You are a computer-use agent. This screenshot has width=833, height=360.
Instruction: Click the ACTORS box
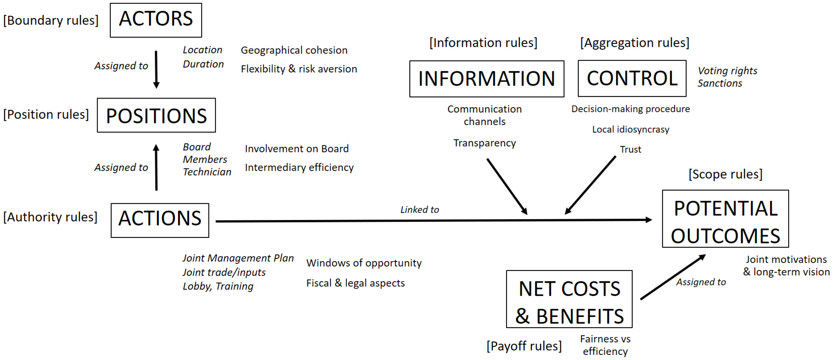coord(156,20)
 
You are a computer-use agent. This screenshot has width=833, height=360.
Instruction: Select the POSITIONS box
coord(156,115)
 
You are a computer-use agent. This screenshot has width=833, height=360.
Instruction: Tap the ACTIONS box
coord(160,220)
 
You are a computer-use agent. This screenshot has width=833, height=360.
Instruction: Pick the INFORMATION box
coord(487,78)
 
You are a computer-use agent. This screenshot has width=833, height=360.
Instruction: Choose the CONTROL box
coord(632,78)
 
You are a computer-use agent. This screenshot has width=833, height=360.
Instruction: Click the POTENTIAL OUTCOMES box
coord(725,219)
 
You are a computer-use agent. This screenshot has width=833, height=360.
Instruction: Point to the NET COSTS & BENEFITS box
coord(569,299)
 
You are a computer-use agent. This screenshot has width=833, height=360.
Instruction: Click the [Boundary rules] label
coord(51,20)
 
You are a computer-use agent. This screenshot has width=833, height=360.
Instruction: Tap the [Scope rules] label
coord(725,174)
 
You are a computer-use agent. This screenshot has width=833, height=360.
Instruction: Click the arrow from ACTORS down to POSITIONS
coord(156,70)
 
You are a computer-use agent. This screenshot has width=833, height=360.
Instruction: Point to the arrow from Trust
coord(590,185)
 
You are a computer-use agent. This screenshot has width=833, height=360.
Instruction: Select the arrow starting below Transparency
coord(507,186)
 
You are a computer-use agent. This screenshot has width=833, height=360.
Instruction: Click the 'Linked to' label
coord(420,210)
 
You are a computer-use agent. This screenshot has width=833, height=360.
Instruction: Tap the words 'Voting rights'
coord(727,71)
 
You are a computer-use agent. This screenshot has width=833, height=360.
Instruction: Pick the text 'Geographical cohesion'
coord(294,50)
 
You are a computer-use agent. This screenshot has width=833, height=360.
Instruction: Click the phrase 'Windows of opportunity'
coord(364,263)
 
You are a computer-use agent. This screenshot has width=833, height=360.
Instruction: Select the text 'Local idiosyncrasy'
coord(631,129)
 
